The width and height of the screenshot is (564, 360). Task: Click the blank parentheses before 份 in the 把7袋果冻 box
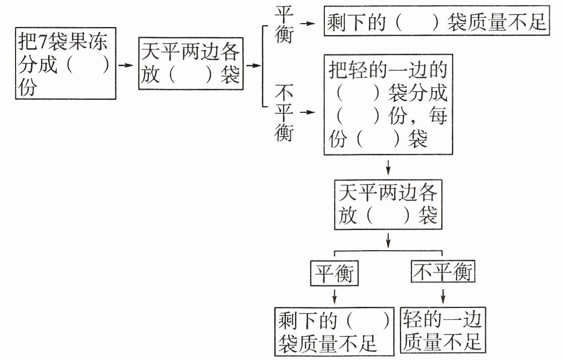point(88,65)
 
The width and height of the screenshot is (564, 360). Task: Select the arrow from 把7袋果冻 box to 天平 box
point(125,65)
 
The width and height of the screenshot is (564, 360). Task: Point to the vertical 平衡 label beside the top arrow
point(284,25)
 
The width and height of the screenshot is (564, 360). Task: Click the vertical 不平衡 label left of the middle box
point(284,112)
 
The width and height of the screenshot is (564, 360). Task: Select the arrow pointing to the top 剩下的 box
point(307,24)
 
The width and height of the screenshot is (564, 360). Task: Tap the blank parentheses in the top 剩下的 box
point(417,22)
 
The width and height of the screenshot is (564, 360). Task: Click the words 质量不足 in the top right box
point(506,22)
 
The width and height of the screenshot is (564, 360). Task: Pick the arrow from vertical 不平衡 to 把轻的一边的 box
point(307,112)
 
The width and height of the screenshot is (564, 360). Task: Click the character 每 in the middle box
point(438,116)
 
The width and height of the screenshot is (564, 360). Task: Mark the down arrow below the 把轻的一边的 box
point(388,167)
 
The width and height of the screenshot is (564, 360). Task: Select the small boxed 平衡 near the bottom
point(334,273)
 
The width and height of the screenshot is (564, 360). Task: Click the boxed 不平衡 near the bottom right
point(443,272)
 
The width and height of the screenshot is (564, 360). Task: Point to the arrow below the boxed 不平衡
point(443,296)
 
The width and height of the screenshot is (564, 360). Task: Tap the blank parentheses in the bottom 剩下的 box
point(368,319)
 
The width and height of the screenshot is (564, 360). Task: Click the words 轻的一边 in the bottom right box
point(442,319)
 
